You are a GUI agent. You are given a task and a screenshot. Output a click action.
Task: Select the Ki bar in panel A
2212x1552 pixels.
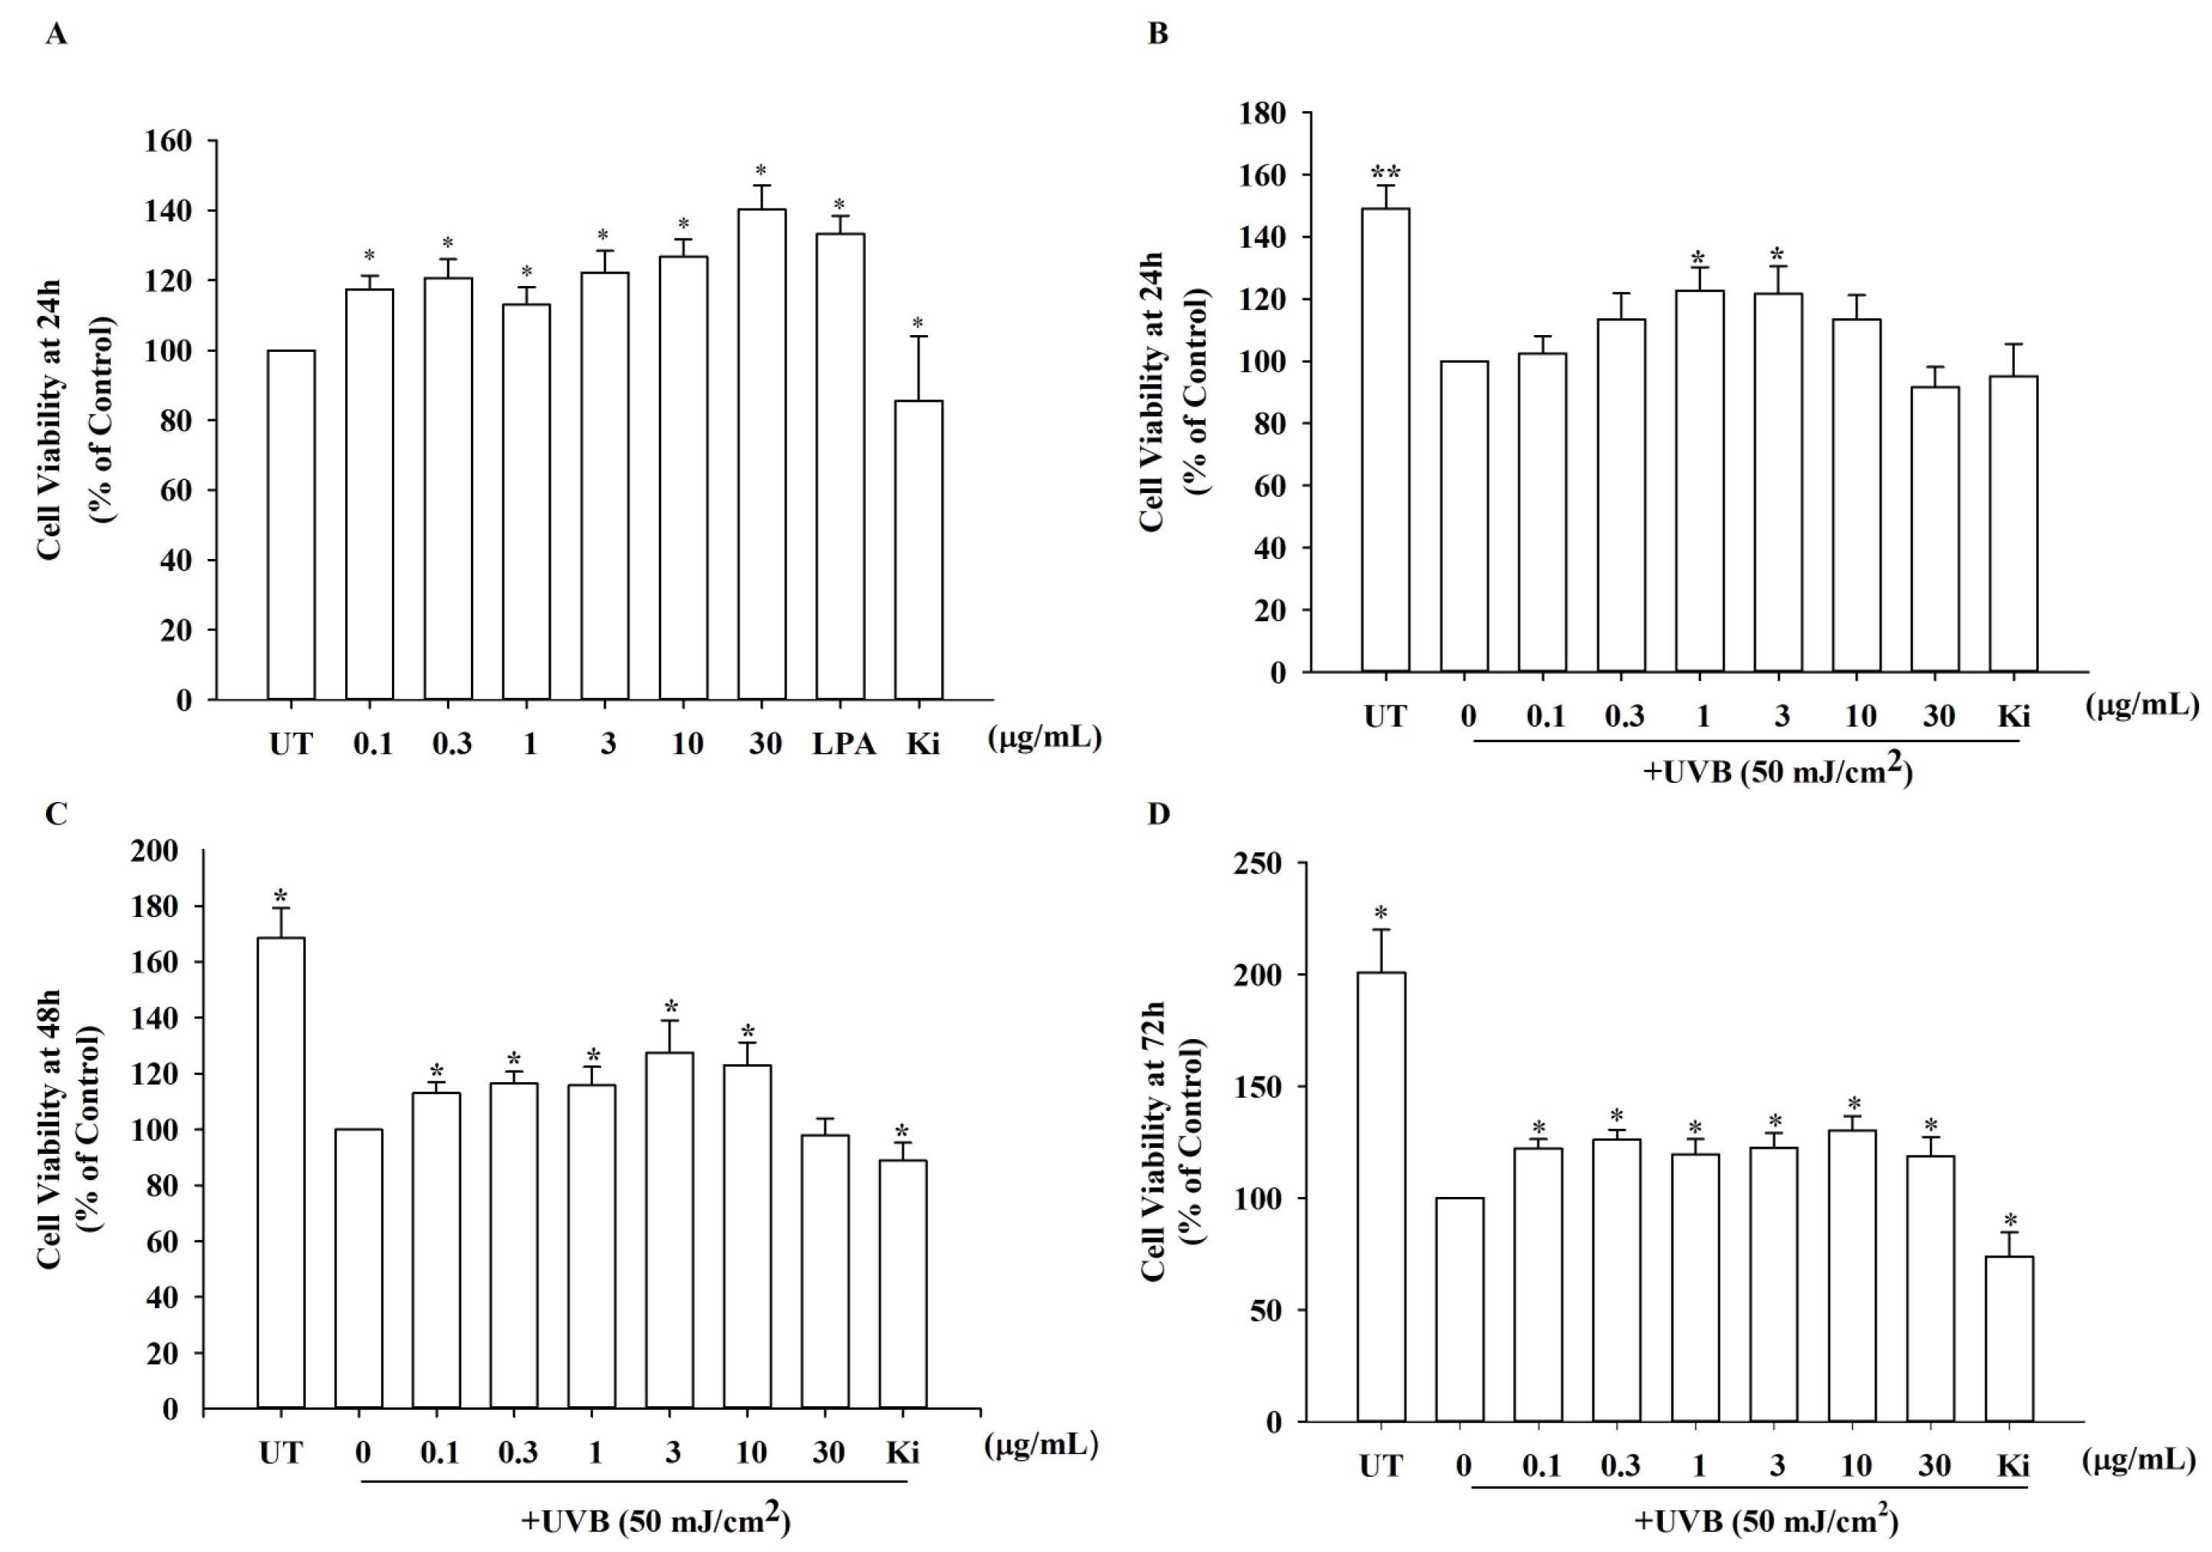[918, 550]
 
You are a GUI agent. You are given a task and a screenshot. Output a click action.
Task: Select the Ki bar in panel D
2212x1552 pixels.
[2009, 1338]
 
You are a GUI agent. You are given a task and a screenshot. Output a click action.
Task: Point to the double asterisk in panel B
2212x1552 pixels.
[1385, 174]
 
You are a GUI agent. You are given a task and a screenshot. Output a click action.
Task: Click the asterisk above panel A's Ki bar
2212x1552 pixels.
[918, 324]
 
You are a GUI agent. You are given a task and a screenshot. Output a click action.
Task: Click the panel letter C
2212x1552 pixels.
[55, 814]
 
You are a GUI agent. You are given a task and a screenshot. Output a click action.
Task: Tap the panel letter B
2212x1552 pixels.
[1158, 35]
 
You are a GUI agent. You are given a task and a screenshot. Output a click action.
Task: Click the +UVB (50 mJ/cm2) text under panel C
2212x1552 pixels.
[655, 1521]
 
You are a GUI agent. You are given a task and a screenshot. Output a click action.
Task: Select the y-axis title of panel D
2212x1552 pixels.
[1170, 1142]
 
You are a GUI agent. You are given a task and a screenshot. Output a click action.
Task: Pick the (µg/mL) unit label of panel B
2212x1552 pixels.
[2141, 706]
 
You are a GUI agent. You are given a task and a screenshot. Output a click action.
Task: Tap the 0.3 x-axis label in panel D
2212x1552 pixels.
[1620, 1466]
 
